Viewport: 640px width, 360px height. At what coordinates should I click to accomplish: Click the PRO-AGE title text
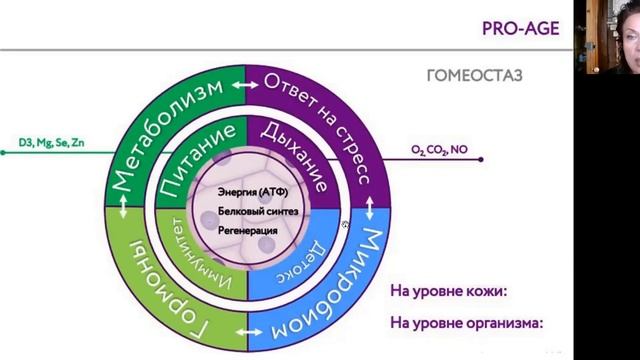tap(529, 29)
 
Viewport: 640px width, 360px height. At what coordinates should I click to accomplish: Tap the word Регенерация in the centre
tap(247, 230)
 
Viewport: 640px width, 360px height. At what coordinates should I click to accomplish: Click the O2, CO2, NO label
tap(439, 150)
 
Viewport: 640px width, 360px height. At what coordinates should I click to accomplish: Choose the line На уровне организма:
tap(465, 323)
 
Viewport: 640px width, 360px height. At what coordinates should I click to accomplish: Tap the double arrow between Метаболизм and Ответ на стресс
tap(241, 86)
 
